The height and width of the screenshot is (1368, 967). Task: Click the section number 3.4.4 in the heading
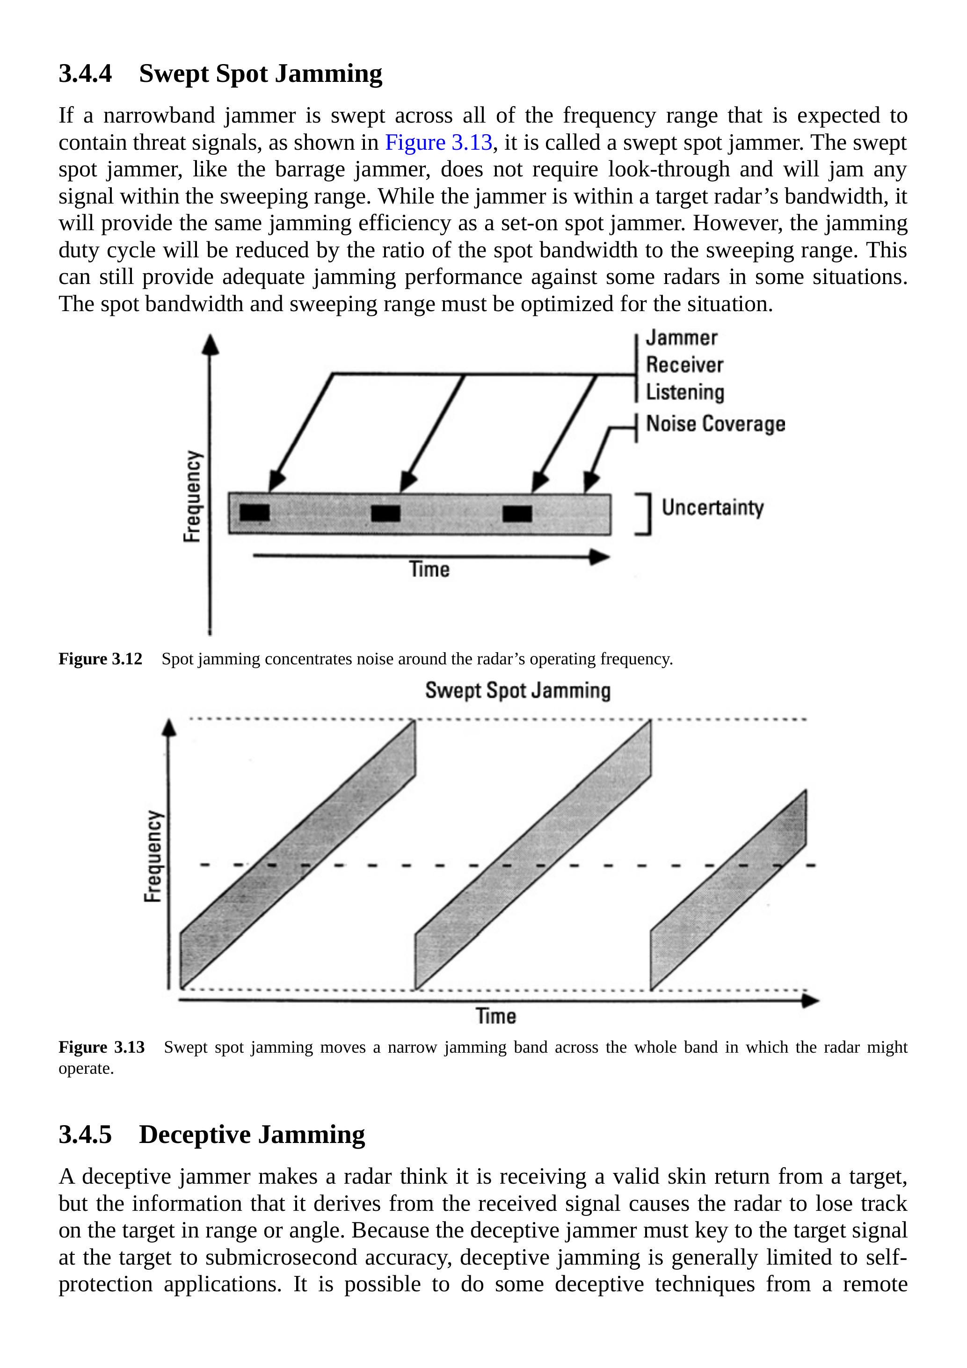(85, 74)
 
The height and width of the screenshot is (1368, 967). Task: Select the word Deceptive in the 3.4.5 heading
(194, 1135)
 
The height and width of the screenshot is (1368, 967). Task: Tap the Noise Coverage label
(715, 424)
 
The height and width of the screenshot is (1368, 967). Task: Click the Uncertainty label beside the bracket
(712, 508)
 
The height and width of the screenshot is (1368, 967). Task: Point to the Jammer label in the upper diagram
(682, 338)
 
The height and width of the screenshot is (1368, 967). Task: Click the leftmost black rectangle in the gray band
(254, 512)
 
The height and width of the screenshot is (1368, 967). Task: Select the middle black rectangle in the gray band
(385, 513)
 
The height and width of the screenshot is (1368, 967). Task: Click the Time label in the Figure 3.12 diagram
(429, 569)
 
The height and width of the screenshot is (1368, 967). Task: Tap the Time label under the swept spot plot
(496, 1016)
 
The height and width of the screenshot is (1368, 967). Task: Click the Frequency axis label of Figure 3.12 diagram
(191, 496)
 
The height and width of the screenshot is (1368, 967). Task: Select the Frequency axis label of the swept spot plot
(153, 856)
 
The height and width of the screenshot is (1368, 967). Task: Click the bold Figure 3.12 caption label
(100, 659)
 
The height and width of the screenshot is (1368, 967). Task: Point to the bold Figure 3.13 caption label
(102, 1048)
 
